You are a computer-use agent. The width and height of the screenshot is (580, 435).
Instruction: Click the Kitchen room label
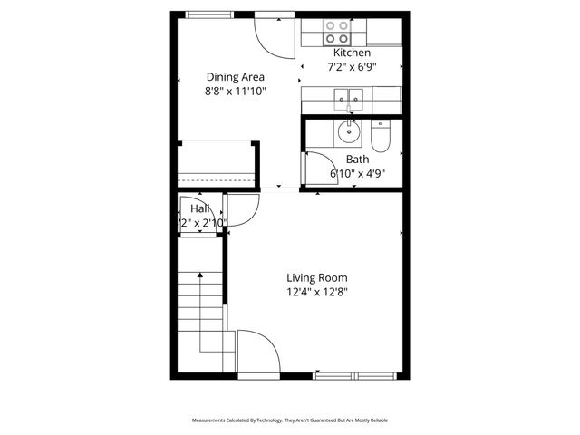tap(352, 53)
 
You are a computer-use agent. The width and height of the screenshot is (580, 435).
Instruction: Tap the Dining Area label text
tap(236, 77)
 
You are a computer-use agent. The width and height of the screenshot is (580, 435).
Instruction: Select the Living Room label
tap(317, 278)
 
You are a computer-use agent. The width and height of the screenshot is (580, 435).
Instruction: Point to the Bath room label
tap(357, 159)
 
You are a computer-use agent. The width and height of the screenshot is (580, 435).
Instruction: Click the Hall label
tap(200, 209)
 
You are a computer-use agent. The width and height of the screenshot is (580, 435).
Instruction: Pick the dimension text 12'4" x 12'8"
tap(317, 292)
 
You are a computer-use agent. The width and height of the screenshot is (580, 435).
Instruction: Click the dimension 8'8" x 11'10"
tap(236, 91)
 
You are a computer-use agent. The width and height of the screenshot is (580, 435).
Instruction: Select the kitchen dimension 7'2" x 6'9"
tap(352, 67)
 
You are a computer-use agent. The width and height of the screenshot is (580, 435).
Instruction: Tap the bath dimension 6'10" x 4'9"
tap(357, 173)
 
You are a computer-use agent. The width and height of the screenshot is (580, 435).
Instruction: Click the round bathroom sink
tap(349, 134)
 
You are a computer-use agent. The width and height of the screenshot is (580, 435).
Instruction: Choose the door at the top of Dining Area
tap(268, 32)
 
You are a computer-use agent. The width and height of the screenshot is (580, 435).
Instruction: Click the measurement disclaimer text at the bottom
tap(290, 420)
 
